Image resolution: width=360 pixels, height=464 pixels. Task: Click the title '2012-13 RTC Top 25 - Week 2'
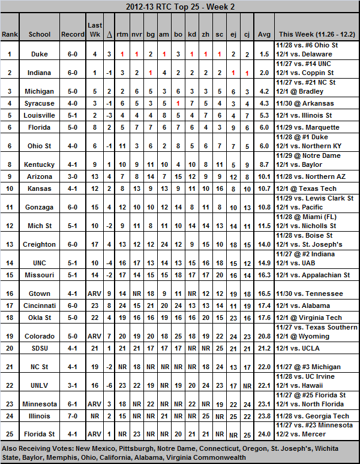(179, 7)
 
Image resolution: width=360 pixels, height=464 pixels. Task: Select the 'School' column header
(40, 35)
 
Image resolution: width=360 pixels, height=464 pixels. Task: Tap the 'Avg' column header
(264, 35)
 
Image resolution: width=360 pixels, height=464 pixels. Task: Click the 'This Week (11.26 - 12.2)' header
(316, 35)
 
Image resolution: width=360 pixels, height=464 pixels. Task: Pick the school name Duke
(40, 54)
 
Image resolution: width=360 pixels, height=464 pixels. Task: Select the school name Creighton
(40, 244)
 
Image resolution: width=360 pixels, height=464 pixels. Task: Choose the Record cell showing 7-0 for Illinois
(73, 416)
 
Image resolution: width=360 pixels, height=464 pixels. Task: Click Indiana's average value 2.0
(264, 72)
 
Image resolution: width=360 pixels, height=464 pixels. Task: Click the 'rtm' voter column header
(122, 35)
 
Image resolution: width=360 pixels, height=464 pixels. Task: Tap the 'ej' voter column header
(233, 35)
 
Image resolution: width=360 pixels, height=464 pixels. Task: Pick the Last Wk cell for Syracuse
(94, 103)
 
